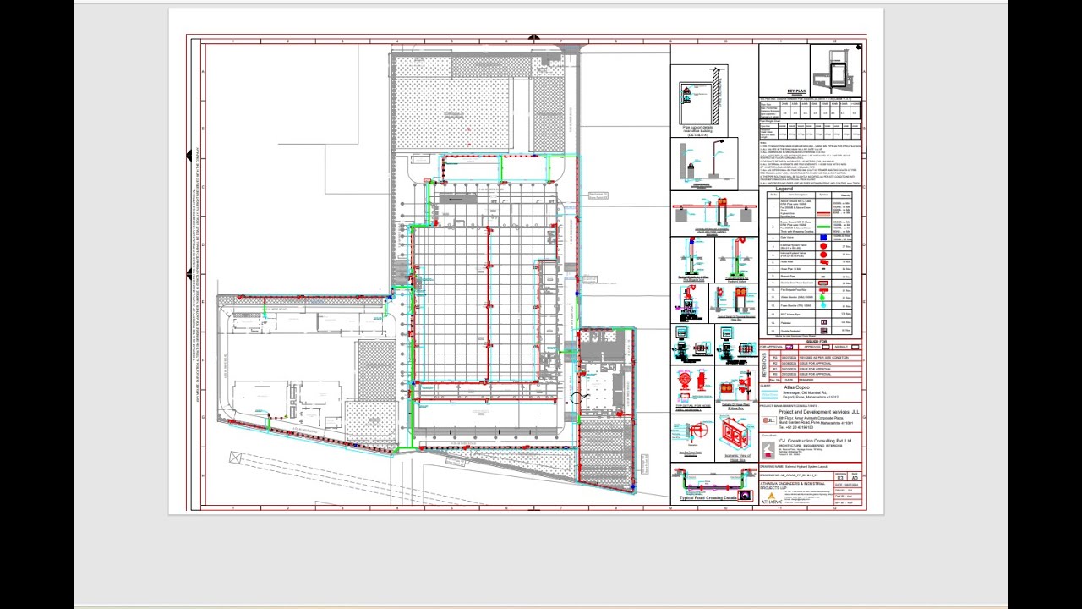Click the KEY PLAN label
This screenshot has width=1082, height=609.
(x=796, y=91)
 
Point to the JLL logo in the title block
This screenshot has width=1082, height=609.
(x=769, y=420)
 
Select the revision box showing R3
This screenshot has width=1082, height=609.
(x=839, y=479)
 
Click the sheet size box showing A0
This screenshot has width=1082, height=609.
(x=855, y=479)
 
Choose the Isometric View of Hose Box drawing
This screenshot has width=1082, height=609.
(x=737, y=433)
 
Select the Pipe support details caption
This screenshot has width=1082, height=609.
(x=697, y=129)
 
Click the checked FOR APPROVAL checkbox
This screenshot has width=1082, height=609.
(x=790, y=347)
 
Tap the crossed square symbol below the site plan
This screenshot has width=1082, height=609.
(x=235, y=458)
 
